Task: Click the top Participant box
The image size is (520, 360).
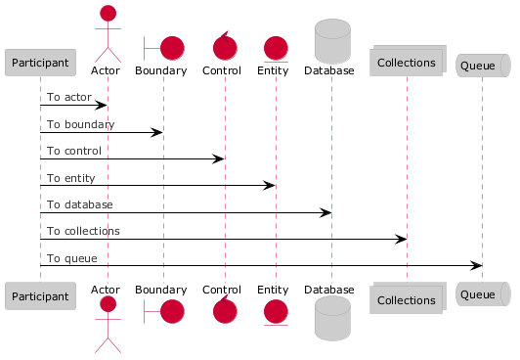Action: [x=40, y=63]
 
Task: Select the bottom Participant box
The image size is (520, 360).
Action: [x=40, y=296]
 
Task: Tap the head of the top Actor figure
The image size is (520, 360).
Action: [x=108, y=14]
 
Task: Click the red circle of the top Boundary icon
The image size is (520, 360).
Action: [x=172, y=48]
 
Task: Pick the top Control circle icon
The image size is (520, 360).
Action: [x=225, y=48]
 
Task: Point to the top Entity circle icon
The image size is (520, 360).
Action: [x=276, y=49]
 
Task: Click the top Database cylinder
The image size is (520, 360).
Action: [x=332, y=41]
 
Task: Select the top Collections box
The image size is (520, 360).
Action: [x=408, y=61]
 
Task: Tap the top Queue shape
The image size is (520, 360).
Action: [x=483, y=66]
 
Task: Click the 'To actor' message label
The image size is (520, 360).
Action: [x=69, y=97]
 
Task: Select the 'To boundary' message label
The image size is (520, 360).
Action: [x=80, y=124]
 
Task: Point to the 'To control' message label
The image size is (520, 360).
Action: [x=74, y=151]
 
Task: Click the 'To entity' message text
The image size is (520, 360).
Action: [x=71, y=178]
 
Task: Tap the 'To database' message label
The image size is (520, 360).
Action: [x=79, y=204]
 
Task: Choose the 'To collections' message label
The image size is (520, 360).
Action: [x=83, y=231]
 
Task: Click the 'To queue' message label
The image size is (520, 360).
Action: [x=72, y=258]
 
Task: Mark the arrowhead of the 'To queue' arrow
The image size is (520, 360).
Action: [x=476, y=265]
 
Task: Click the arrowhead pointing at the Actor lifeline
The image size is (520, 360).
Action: [x=101, y=106]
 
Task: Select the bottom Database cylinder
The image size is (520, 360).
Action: [x=332, y=318]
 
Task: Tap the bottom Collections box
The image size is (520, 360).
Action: [x=408, y=298]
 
